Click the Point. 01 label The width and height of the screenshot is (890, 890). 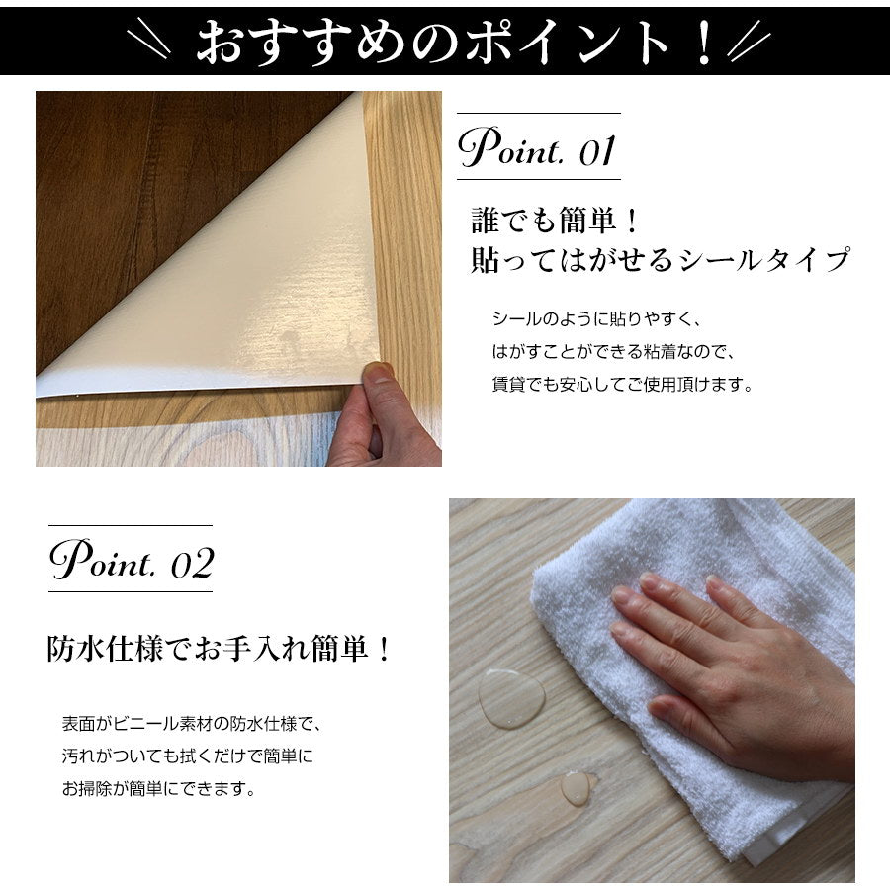point(537,148)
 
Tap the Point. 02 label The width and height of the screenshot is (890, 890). point(131,561)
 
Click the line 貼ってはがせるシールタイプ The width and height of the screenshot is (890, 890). point(660,260)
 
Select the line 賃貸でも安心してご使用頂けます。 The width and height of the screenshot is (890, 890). point(622,384)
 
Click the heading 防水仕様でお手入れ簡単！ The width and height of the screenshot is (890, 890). point(220,650)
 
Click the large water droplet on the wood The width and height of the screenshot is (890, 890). point(511,698)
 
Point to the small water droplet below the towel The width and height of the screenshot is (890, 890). point(576,787)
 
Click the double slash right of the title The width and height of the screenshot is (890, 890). point(749,43)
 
